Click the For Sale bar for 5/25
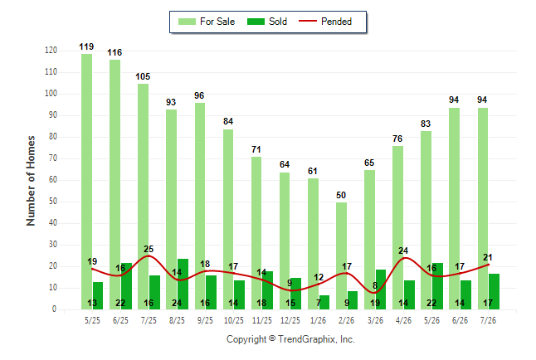coord(87,182)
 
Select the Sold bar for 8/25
coord(183,285)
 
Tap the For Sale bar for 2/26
coord(341,255)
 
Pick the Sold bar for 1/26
coord(324,302)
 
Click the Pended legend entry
coord(325,22)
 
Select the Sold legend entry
coord(267,22)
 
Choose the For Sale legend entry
coord(207,22)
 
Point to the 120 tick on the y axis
coord(51,51)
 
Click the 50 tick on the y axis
coord(52,202)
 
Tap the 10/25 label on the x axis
coord(234,320)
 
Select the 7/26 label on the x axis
coord(488,320)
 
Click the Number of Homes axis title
coord(31,181)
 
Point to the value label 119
coord(86,46)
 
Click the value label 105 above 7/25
coord(143,76)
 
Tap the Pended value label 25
coord(149,249)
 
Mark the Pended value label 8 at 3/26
coord(375,285)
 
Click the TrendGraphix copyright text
coord(290,339)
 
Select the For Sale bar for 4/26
coord(398,227)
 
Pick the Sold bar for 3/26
coord(381,289)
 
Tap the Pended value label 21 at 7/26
coord(488,257)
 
